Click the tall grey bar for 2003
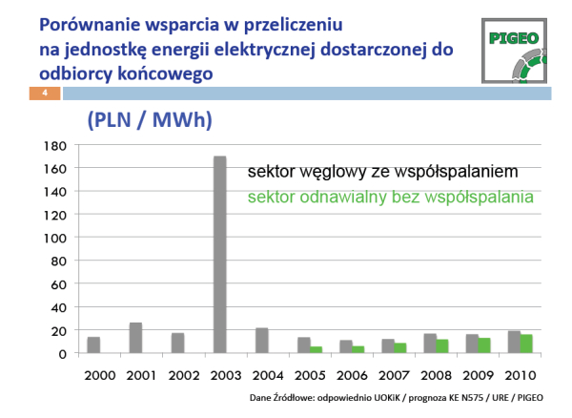coord(220,255)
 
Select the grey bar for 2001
coord(135,338)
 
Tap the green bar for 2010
coord(526,344)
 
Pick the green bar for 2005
coord(317,349)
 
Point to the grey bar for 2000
coord(93,345)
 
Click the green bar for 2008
coord(442,346)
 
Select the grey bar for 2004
coord(262,341)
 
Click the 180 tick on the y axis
coord(55,146)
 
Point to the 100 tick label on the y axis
coord(55,239)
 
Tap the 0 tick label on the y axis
coord(63,354)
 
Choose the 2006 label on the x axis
coord(352,375)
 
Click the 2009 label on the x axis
coord(478,375)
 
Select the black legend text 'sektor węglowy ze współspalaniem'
coord(382,172)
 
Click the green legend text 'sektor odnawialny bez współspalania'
coord(391,198)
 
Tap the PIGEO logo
coord(514,51)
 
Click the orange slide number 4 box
coord(45,94)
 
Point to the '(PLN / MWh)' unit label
coord(150,119)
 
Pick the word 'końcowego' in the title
coord(165,74)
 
